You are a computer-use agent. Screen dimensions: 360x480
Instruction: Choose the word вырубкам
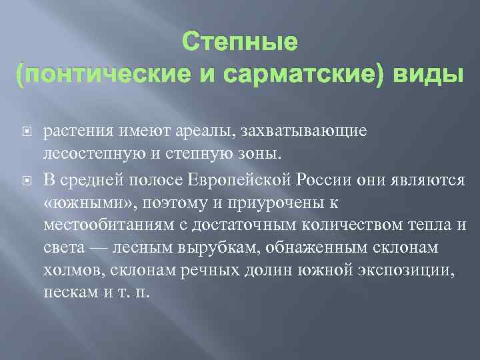coord(215,249)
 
